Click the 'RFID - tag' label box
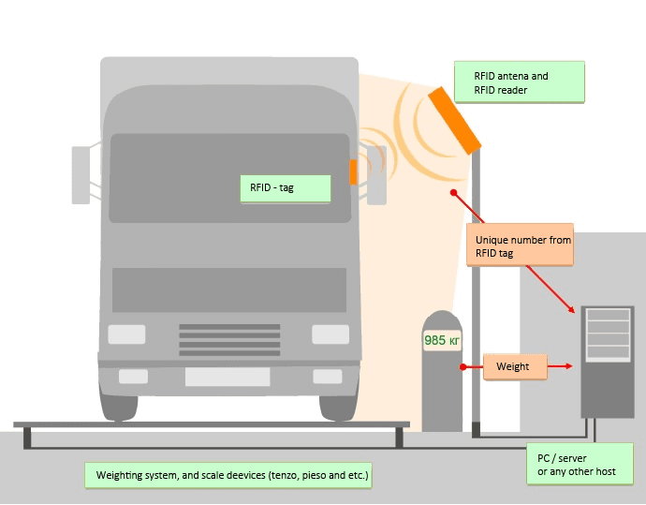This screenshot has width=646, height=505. click(285, 187)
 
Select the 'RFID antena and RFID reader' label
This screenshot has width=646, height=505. click(519, 82)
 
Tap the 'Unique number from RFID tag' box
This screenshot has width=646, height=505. click(521, 245)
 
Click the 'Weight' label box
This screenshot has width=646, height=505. click(515, 366)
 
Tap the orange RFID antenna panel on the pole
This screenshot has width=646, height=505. click(455, 120)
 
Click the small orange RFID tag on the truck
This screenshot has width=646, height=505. click(353, 171)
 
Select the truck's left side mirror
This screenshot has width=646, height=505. click(81, 174)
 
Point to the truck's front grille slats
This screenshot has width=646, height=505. click(229, 339)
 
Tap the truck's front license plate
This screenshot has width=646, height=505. click(228, 377)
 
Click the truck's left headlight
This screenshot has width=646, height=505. click(126, 334)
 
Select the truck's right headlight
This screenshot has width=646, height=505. click(330, 334)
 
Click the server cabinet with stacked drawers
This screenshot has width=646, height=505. click(607, 361)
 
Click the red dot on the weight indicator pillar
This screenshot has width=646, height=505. click(461, 366)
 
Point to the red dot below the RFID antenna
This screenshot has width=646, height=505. click(453, 193)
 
